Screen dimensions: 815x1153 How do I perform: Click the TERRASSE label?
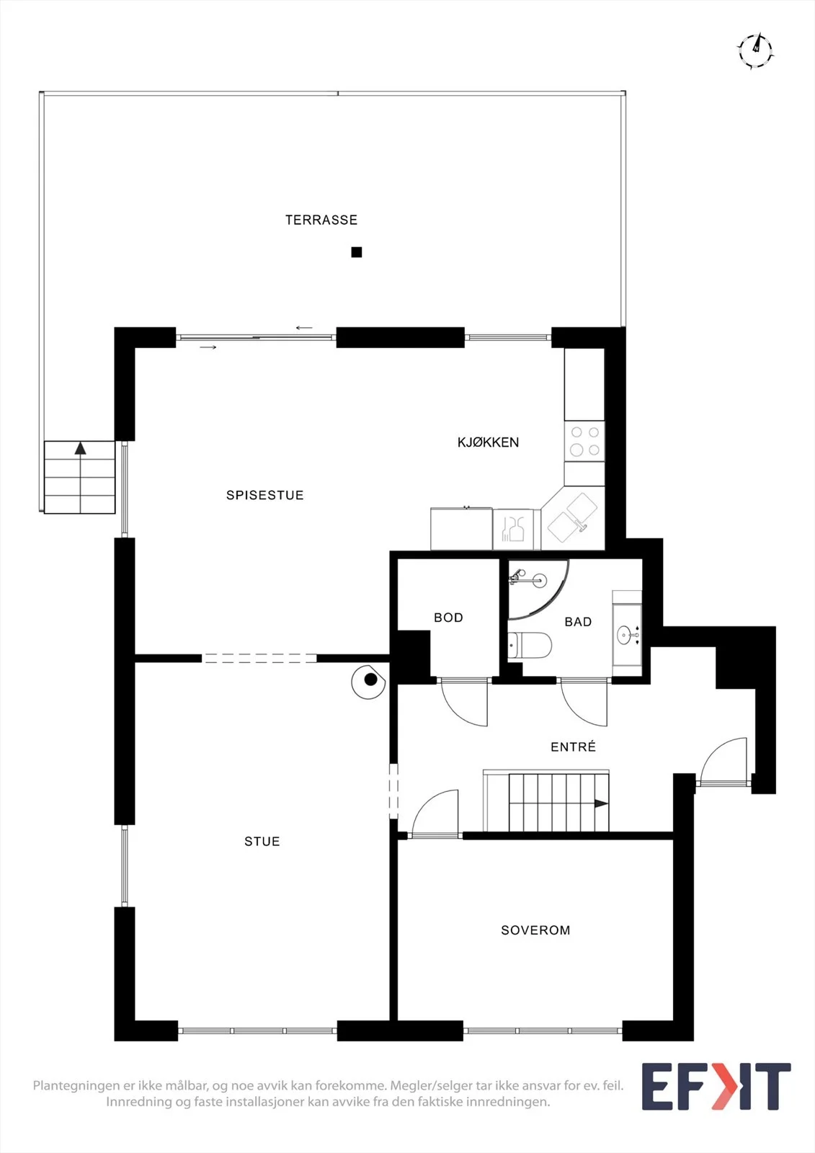[321, 220]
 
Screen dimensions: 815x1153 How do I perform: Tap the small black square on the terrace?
[356, 252]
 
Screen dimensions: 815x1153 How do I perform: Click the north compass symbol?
[755, 50]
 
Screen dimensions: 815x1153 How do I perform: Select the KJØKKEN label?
[488, 442]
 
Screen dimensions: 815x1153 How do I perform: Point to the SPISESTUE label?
[265, 495]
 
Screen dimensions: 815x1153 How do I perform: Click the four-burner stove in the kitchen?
[584, 442]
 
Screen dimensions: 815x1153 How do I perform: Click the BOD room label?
[448, 617]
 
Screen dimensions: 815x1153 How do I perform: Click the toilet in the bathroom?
[530, 644]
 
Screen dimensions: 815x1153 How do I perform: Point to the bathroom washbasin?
[627, 635]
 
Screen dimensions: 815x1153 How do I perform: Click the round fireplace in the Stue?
[369, 682]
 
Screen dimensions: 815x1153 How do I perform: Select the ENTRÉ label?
[573, 747]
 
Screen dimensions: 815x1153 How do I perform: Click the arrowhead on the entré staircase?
[601, 803]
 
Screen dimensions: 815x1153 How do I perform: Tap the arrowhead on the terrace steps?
[80, 448]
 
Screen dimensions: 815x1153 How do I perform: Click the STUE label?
[262, 842]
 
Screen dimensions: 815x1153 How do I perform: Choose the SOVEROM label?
[535, 930]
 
